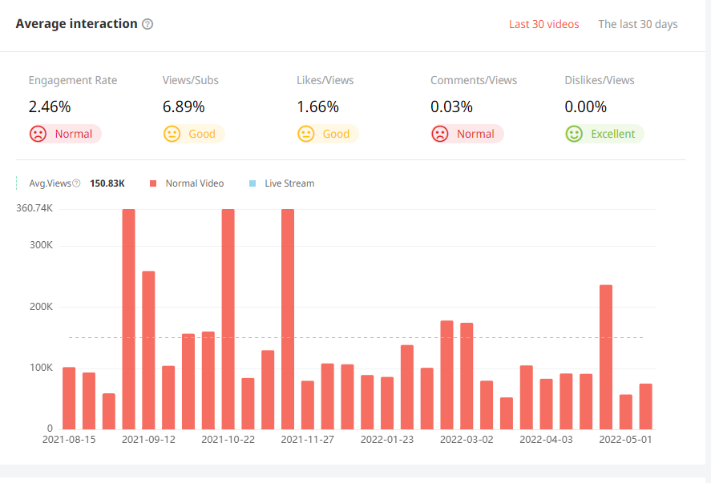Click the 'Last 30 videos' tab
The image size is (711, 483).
click(543, 24)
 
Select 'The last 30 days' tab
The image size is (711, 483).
click(637, 24)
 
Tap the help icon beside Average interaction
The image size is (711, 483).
click(147, 24)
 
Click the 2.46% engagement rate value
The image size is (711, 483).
click(50, 107)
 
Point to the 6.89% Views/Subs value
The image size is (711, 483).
click(184, 107)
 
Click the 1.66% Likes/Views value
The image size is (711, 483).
click(317, 107)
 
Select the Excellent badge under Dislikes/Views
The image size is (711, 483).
click(604, 134)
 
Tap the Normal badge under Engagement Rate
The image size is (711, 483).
click(65, 134)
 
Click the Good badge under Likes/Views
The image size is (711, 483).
click(327, 134)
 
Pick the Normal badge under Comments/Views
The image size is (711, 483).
click(467, 134)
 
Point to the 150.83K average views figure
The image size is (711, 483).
click(107, 183)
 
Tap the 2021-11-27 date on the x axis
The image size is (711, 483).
click(307, 440)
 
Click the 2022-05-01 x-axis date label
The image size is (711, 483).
click(625, 440)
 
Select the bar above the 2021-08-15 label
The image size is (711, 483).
click(69, 398)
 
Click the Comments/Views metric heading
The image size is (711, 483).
click(474, 80)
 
